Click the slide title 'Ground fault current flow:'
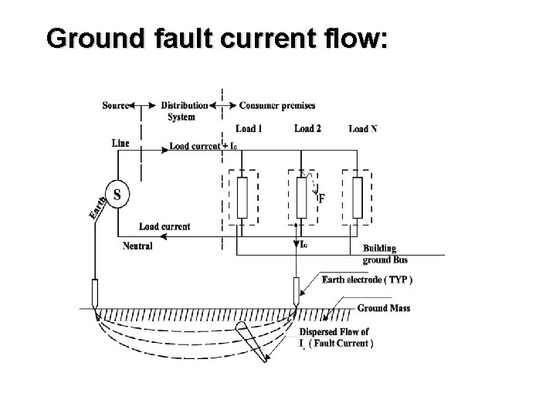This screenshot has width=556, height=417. point(217,39)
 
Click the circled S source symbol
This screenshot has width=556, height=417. point(117,194)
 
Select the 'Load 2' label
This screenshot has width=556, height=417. point(308,128)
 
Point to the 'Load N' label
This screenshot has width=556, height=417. point(363,128)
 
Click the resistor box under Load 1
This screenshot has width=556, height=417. point(242,197)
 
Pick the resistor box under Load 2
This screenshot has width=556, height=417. point(301,197)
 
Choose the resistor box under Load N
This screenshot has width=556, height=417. point(356,197)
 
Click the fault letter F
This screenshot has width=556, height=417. point(321,198)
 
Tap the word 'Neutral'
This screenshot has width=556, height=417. point(137,246)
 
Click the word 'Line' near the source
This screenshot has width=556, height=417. point(121,143)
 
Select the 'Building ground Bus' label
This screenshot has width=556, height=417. point(380,254)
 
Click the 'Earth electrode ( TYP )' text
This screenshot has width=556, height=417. point(367,280)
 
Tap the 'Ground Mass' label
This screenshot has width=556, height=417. point(384,308)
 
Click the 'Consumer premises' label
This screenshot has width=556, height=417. point(277,105)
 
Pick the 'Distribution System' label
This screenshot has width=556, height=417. point(184,111)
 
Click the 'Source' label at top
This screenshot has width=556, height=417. point(115,105)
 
